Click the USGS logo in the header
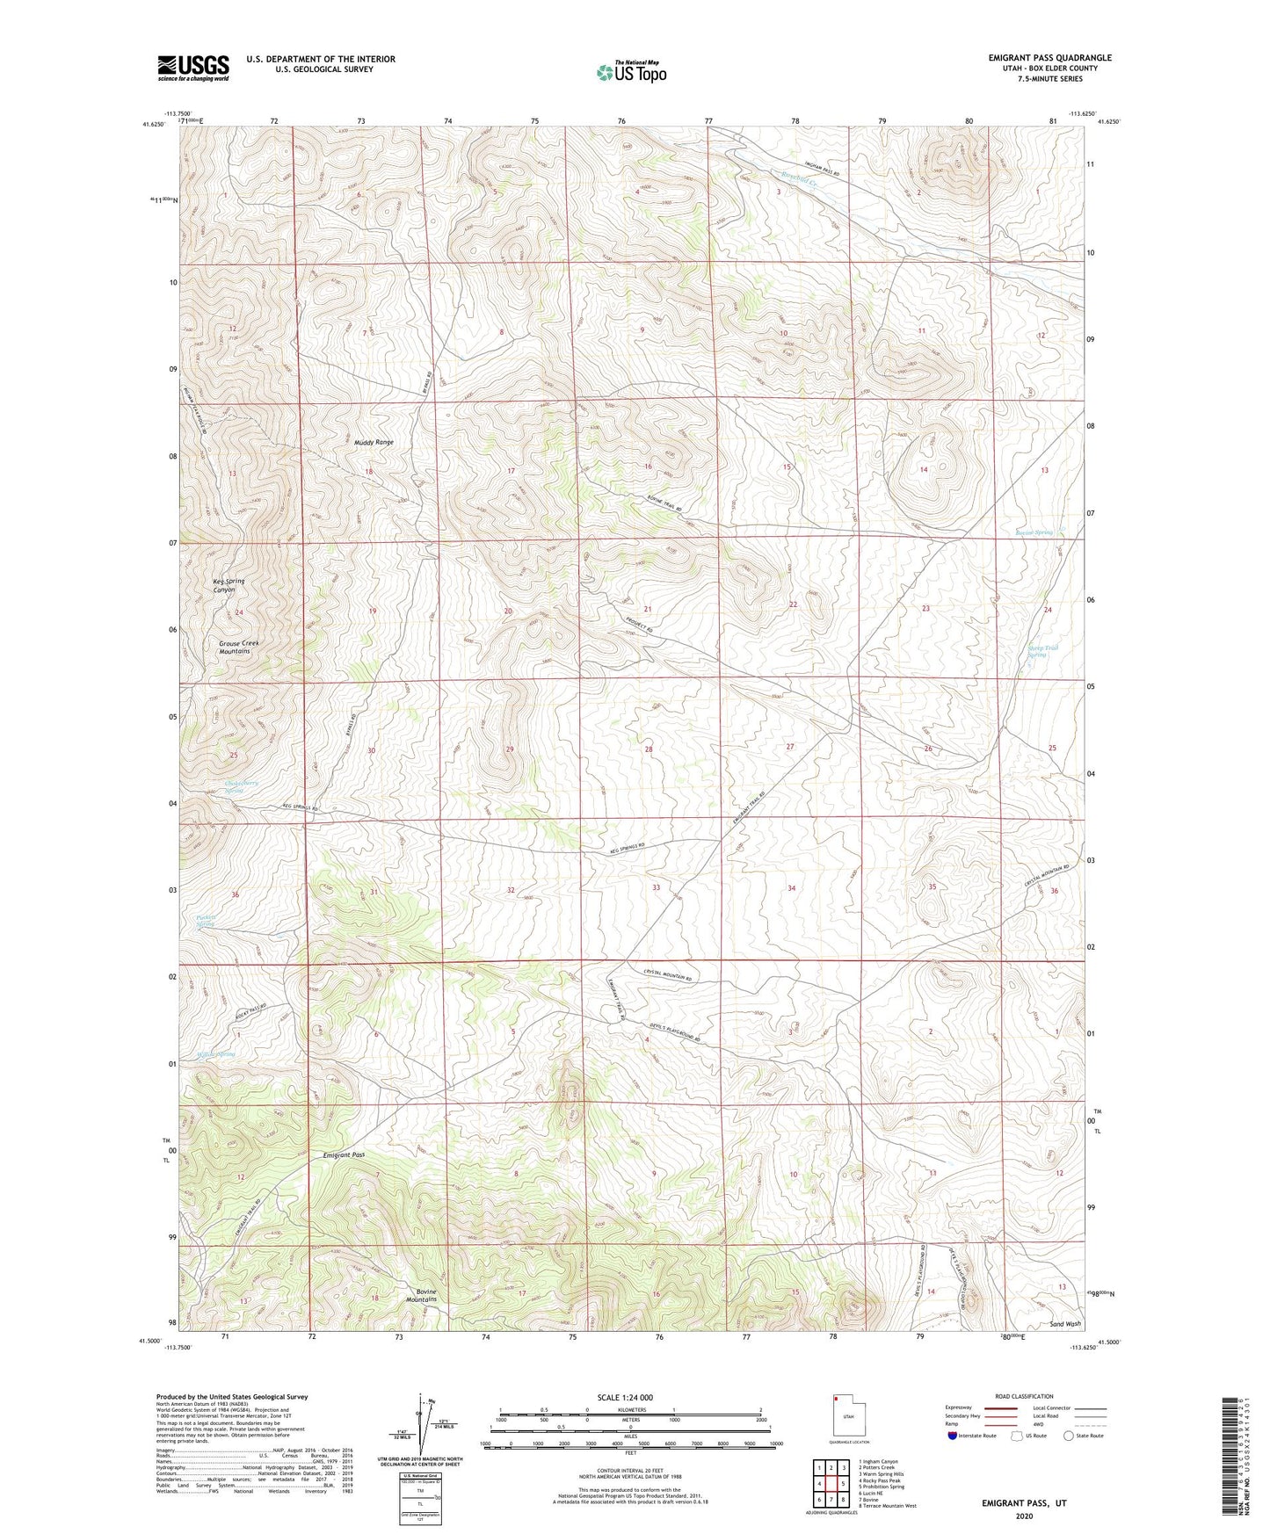click(193, 68)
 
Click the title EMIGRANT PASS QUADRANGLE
click(1049, 58)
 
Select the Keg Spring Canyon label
click(229, 585)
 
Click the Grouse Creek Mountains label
click(235, 648)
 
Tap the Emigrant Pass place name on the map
click(344, 1155)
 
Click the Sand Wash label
click(1065, 1324)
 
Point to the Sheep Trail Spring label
click(1042, 651)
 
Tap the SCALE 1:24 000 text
click(629, 1397)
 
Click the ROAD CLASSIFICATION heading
click(1025, 1396)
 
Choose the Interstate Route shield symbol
click(954, 1436)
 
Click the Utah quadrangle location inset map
click(847, 1415)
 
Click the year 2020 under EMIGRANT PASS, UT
click(1023, 1516)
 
